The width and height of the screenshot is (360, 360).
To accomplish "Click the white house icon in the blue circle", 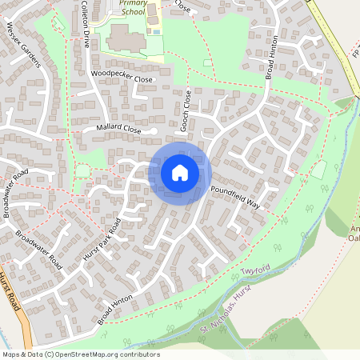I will (179, 172).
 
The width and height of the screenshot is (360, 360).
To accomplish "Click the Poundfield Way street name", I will (236, 197).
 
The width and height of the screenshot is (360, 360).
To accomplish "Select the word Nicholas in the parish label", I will (225, 310).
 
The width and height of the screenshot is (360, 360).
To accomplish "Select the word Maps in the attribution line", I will (11, 354).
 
